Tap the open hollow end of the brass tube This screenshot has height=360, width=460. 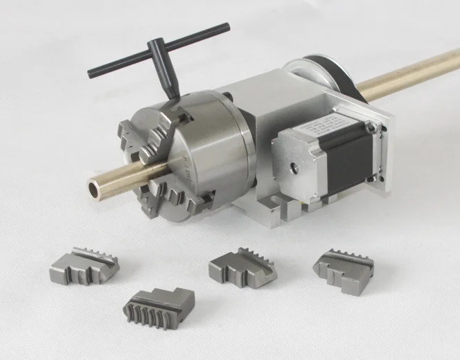pyautogui.click(x=93, y=188)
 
